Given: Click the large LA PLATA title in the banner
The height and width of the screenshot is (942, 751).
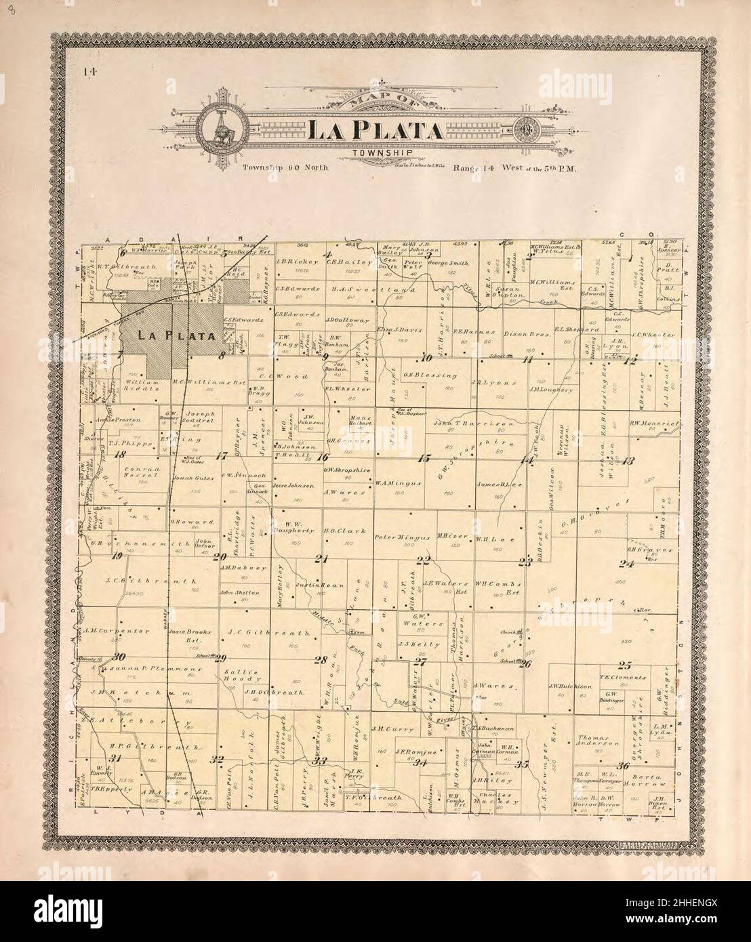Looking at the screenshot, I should tap(376, 129).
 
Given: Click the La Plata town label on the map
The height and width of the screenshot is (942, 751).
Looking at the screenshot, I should tap(176, 335).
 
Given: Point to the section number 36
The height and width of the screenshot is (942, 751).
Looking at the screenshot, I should tap(624, 765).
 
